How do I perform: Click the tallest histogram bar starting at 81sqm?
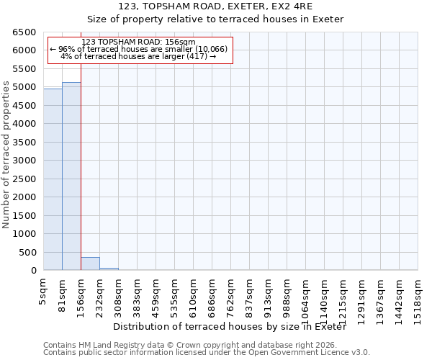click(x=71, y=176)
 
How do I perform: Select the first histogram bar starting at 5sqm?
click(x=53, y=180)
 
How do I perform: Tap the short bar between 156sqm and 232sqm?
click(x=90, y=264)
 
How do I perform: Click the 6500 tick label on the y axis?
click(x=23, y=32)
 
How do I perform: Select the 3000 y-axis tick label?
click(x=23, y=161)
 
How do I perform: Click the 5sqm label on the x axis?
click(x=44, y=292)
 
